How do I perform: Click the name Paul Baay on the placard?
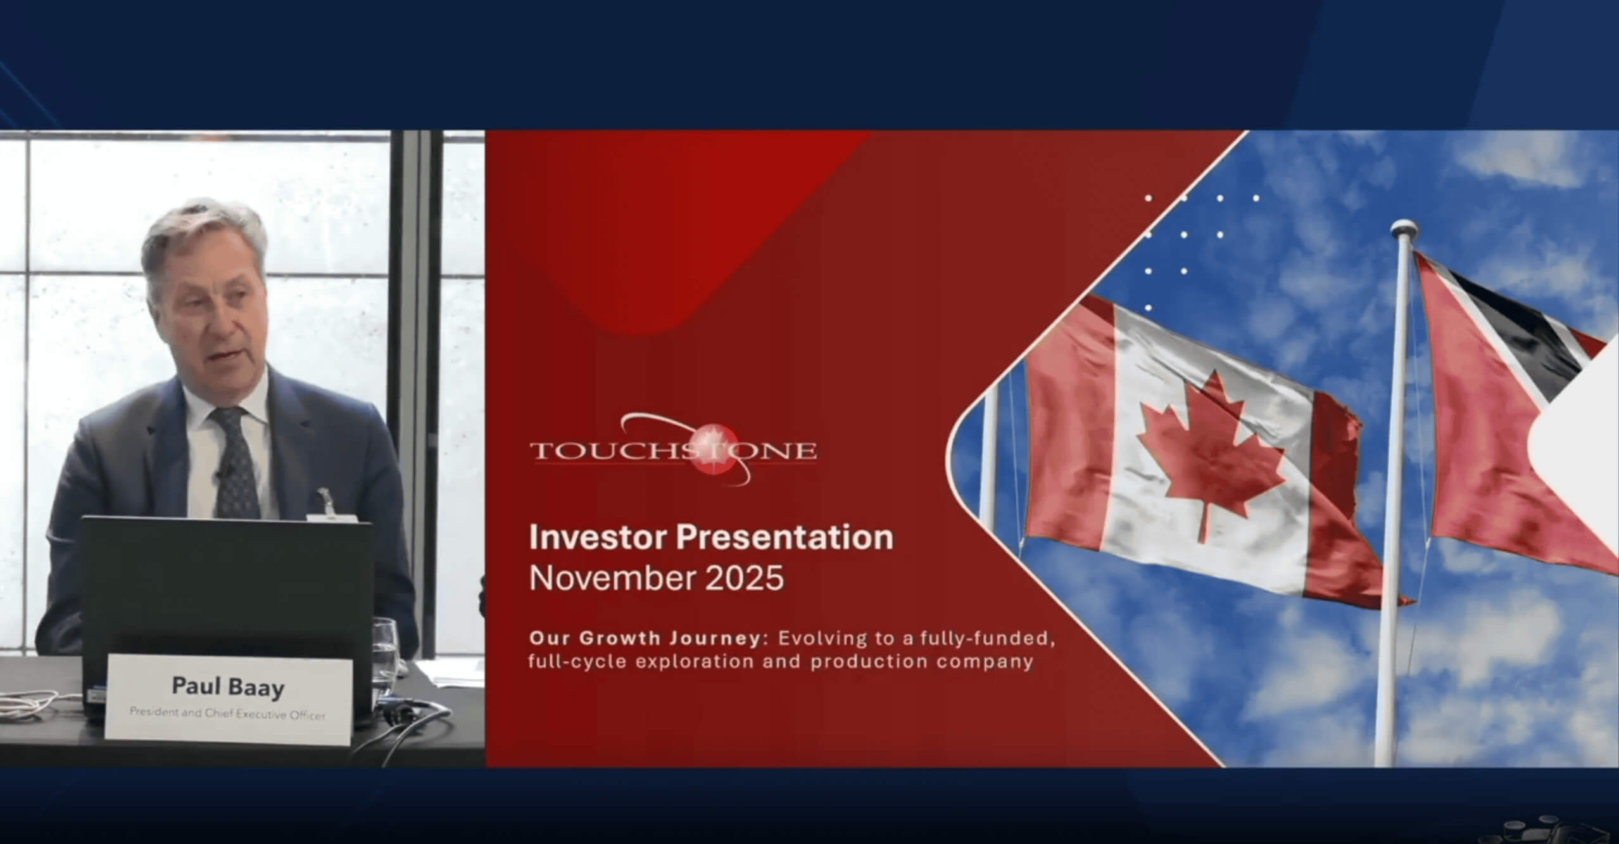click(228, 687)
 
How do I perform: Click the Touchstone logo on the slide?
click(673, 450)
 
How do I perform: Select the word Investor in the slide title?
click(597, 537)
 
